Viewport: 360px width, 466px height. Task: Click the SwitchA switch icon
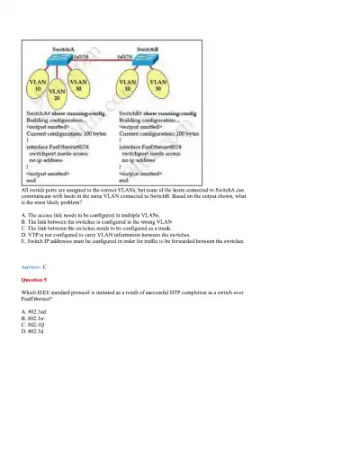[67, 58]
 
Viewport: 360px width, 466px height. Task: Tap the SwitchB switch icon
[148, 58]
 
